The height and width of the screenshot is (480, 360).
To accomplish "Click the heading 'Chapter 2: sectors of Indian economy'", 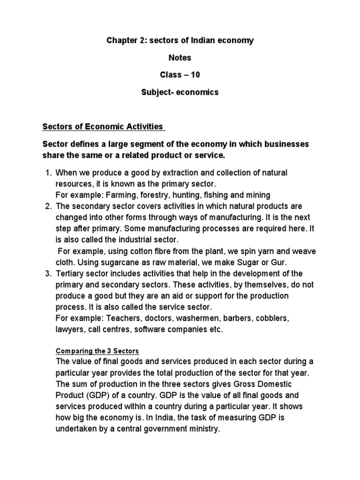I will [x=180, y=40].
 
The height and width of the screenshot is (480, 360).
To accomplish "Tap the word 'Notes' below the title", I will [x=180, y=58].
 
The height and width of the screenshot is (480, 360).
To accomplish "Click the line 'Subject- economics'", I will [x=180, y=92].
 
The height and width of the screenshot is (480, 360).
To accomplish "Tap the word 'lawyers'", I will [x=69, y=330].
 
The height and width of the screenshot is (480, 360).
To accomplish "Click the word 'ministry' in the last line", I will [x=204, y=428].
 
